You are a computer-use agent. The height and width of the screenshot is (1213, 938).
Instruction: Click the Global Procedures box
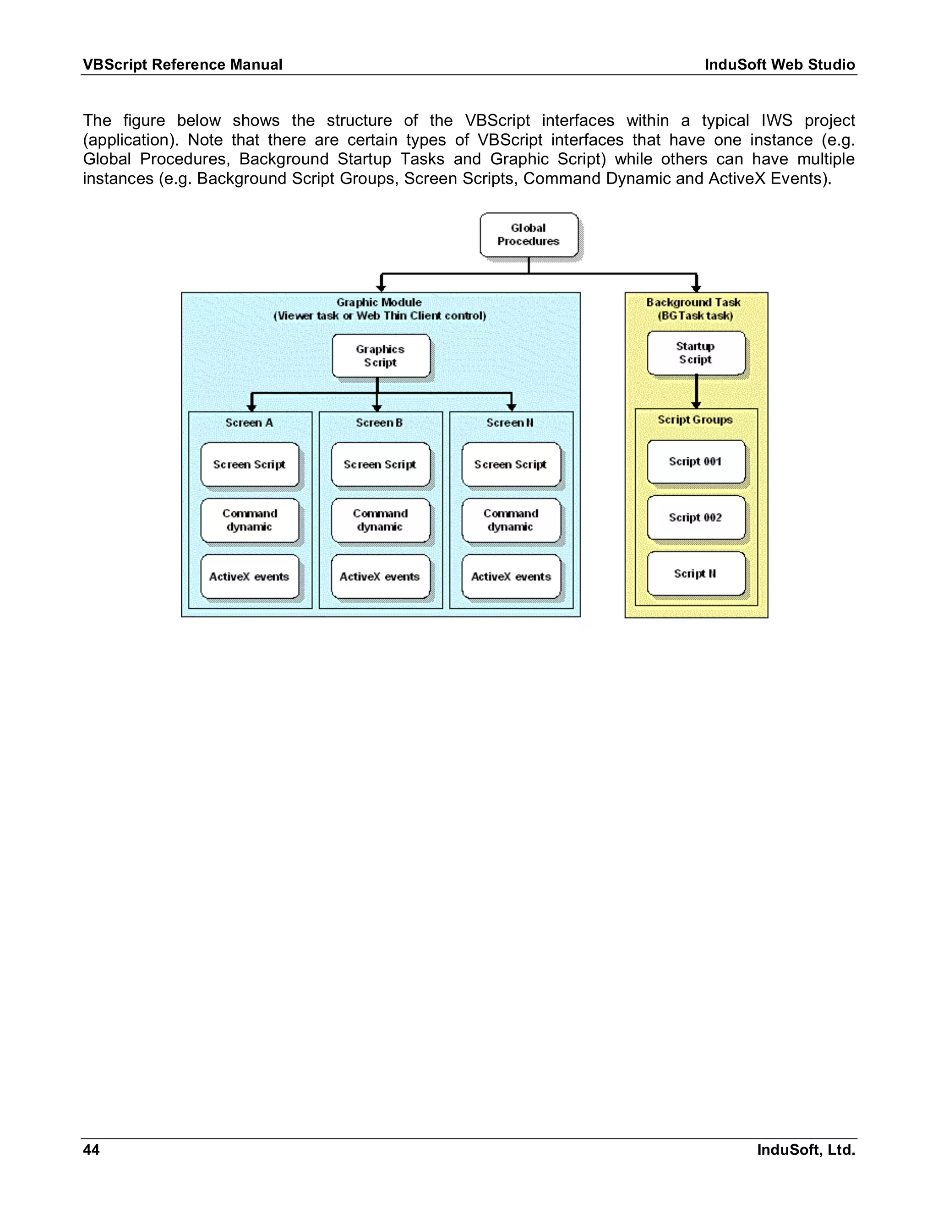pyautogui.click(x=529, y=235)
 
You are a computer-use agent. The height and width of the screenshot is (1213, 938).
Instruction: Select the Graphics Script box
pyautogui.click(x=381, y=356)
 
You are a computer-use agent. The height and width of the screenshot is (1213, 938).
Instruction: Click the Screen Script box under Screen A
pyautogui.click(x=250, y=464)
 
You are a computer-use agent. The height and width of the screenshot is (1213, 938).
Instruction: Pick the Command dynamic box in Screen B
pyautogui.click(x=380, y=520)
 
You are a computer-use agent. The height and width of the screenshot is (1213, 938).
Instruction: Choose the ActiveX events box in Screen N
pyautogui.click(x=511, y=576)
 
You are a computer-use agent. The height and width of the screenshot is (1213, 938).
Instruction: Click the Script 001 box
pyautogui.click(x=696, y=461)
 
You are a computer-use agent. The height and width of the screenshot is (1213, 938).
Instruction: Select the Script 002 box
pyautogui.click(x=696, y=518)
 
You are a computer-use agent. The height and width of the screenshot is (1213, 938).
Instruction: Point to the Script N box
pyautogui.click(x=696, y=574)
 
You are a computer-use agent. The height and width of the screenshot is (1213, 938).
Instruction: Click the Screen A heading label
pyautogui.click(x=249, y=422)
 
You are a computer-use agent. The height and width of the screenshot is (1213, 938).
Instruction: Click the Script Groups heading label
pyautogui.click(x=695, y=420)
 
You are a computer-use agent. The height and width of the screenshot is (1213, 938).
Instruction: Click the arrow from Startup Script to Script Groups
pyautogui.click(x=696, y=391)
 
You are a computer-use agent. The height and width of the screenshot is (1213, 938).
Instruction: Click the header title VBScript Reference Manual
pyautogui.click(x=183, y=65)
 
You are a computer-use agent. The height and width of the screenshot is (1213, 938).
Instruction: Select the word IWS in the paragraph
pyautogui.click(x=776, y=120)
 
